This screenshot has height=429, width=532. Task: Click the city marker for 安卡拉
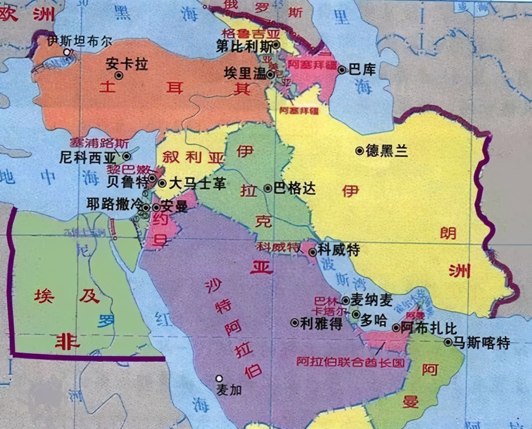tap(119, 75)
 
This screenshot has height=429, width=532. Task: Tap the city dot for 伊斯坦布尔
tap(67, 52)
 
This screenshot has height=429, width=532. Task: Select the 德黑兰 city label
tap(386, 151)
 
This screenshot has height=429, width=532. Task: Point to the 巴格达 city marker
tap(268, 188)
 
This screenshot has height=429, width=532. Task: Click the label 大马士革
tap(197, 183)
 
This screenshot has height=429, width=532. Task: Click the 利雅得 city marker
tap(294, 322)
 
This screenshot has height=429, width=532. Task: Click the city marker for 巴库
tap(342, 70)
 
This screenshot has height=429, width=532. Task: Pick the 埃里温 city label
tap(245, 74)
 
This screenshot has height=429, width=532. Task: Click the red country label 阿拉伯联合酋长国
tap(350, 361)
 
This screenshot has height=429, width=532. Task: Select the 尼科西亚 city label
tap(87, 158)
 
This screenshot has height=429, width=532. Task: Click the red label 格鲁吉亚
tap(250, 33)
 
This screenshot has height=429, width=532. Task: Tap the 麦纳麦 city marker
tap(346, 300)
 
